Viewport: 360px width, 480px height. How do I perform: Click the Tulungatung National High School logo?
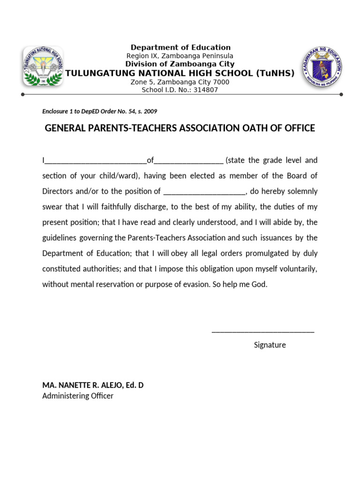(43, 66)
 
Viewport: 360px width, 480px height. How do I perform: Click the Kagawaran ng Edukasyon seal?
(321, 67)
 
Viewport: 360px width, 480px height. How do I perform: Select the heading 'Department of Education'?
(180, 47)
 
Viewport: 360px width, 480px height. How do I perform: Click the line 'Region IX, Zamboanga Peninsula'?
(180, 56)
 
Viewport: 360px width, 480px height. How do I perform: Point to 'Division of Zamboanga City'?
(180, 64)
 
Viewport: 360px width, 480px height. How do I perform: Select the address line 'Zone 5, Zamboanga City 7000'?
(180, 82)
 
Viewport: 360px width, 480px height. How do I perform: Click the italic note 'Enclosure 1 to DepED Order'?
(99, 112)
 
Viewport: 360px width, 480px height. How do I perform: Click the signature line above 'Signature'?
(263, 331)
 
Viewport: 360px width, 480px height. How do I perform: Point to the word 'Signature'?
(270, 345)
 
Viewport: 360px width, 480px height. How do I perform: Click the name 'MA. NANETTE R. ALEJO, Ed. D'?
(93, 385)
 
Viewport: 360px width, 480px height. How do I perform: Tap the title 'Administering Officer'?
(78, 396)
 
